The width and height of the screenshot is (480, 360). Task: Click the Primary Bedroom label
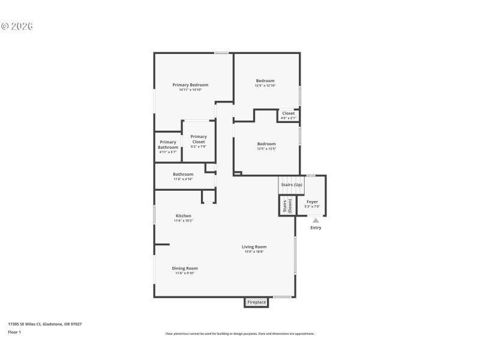190,85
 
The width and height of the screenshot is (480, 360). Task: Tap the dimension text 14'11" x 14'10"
190,90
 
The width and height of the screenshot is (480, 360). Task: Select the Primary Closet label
198,139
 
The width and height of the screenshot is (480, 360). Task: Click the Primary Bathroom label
168,145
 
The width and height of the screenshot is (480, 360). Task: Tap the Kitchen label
183,216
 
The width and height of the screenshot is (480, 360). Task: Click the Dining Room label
185,268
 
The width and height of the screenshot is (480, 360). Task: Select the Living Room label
254,247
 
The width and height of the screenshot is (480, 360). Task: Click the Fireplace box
256,302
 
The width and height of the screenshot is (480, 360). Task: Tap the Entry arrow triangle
316,221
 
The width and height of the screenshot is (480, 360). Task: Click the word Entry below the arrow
316,228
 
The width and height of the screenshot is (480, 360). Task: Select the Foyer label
312,202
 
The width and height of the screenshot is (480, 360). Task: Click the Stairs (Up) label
291,185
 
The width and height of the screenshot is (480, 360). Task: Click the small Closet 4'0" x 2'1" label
289,113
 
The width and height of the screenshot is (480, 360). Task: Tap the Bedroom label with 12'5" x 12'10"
265,81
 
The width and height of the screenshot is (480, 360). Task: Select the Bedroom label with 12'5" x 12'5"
266,144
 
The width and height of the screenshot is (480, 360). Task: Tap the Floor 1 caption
14,332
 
